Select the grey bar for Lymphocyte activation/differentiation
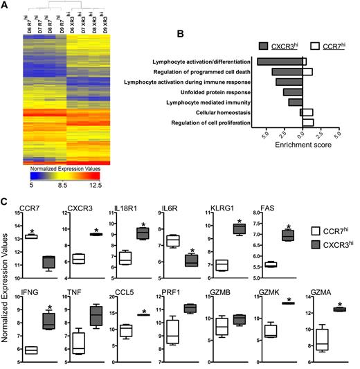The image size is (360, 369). click(280, 62)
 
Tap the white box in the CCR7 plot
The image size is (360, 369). click(31, 236)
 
